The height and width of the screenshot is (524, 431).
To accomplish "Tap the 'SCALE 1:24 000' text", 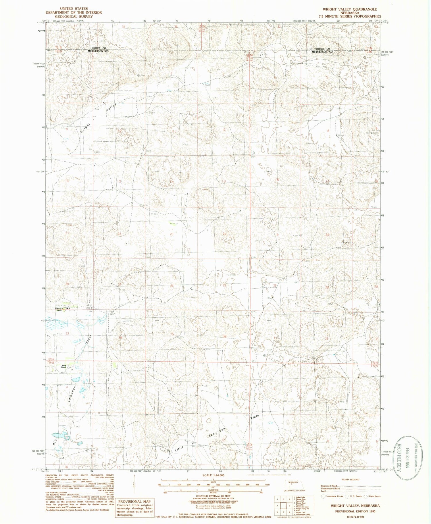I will (x=213, y=475).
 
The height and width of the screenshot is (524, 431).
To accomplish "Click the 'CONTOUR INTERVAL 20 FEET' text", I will (x=213, y=496).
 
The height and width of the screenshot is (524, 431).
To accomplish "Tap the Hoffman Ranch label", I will (x=59, y=309).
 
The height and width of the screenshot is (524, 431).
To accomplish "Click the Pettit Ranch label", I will (x=64, y=366).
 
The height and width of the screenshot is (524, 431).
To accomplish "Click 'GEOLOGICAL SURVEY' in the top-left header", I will (x=74, y=16).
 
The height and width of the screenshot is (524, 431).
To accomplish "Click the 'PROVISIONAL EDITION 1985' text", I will (x=355, y=511).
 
